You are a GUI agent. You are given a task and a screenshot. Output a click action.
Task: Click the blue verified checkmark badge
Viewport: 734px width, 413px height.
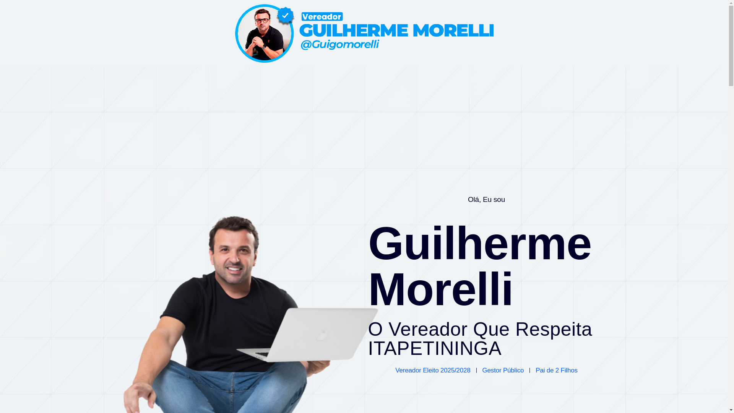coord(285,16)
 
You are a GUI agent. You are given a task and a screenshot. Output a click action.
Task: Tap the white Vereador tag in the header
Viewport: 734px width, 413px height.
coord(322,17)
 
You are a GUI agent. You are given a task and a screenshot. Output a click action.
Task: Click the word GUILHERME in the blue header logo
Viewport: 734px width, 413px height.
coord(353,31)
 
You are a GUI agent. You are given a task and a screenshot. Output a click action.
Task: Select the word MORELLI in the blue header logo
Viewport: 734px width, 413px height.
coord(453,31)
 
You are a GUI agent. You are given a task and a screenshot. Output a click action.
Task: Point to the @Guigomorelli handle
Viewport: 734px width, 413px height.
coord(339,44)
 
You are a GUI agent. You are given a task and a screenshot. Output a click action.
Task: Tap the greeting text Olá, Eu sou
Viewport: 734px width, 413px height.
coord(486,200)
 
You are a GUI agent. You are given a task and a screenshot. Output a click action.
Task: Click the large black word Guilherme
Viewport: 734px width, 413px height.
coord(480,243)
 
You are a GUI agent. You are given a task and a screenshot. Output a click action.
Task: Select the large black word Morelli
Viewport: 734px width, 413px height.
coord(440,289)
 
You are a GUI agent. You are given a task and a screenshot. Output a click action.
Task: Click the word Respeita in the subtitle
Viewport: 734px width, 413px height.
coord(554,329)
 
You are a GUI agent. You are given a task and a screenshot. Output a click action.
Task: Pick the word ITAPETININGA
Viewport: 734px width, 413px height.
coord(435,348)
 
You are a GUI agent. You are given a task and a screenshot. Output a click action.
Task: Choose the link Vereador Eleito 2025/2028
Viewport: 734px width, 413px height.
coord(433,371)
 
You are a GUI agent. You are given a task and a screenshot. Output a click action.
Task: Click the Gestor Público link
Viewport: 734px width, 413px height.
coord(503,371)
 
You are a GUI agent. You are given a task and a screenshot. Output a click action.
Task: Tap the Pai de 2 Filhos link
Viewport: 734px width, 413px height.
coord(556,371)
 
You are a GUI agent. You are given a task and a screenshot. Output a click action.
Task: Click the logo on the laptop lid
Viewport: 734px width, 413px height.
coord(322,335)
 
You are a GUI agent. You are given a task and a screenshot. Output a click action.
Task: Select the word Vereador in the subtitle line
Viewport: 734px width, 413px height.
coord(428,329)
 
